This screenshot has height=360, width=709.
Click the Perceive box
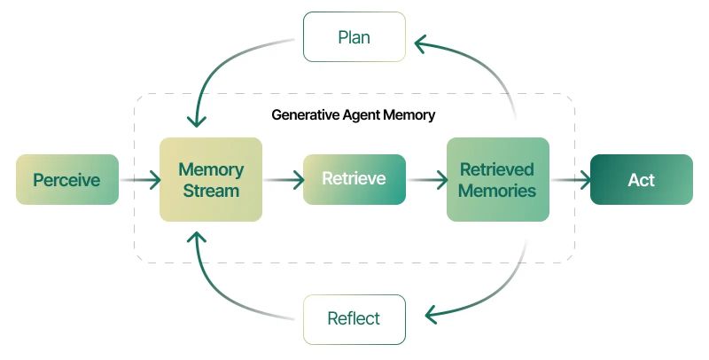pyautogui.click(x=67, y=180)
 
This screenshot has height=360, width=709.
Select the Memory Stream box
pyautogui.click(x=211, y=180)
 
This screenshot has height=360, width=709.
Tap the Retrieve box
pyautogui.click(x=354, y=179)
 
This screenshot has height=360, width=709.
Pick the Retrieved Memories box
pyautogui.click(x=497, y=180)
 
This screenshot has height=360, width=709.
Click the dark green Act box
pyautogui.click(x=641, y=180)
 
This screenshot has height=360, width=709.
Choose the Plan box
pyautogui.click(x=354, y=37)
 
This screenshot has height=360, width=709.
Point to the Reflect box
pyautogui.click(x=354, y=319)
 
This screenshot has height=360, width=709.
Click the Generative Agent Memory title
pyautogui.click(x=354, y=115)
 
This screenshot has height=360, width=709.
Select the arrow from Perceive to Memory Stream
pyautogui.click(x=140, y=180)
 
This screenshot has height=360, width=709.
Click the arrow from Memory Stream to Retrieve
pyautogui.click(x=283, y=180)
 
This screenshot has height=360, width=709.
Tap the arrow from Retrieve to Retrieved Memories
pyautogui.click(x=426, y=180)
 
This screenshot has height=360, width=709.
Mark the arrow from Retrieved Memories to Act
pyautogui.click(x=571, y=180)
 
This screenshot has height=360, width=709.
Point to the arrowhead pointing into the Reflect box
pyautogui.click(x=431, y=315)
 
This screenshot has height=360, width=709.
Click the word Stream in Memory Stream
pyautogui.click(x=211, y=191)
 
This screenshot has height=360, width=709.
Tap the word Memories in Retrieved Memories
pyautogui.click(x=497, y=191)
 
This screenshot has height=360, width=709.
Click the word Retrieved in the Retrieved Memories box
pyautogui.click(x=497, y=169)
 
